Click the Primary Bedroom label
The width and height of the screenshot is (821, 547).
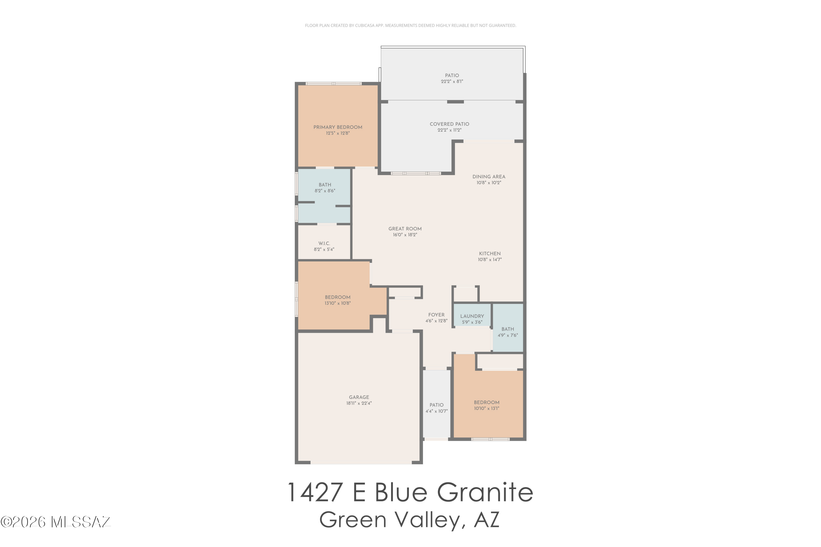pos(337,127)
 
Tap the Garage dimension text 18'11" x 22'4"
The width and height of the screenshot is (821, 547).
pos(359,403)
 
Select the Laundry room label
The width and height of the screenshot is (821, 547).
pos(472,316)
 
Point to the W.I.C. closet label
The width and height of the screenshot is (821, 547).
pos(324,243)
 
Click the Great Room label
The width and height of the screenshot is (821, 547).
pos(405,229)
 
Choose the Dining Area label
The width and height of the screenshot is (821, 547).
pos(489,177)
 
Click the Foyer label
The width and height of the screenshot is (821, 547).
pos(436,315)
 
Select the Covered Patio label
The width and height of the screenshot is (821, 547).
pos(449,124)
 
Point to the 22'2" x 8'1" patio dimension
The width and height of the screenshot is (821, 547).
pos(452,82)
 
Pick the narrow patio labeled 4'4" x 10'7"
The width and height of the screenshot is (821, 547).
pos(436,408)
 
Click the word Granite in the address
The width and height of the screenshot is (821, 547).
pos(485,493)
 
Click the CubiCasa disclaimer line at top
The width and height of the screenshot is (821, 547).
pos(410,25)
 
